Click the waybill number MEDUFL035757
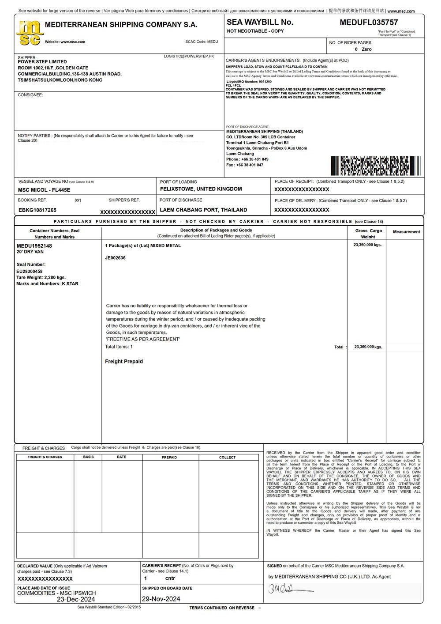tap(369, 23)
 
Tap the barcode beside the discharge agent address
tap(375, 166)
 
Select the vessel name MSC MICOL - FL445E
tap(44, 190)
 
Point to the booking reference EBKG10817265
tap(37, 210)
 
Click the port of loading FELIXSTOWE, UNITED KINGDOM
tap(201, 189)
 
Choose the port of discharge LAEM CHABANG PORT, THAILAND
tap(203, 210)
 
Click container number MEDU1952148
tap(34, 246)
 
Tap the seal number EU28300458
tap(30, 271)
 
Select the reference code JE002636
tap(115, 258)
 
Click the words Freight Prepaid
tap(124, 362)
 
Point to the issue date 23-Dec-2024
tap(76, 600)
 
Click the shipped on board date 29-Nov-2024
tap(161, 599)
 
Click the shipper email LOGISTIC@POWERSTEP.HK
tap(189, 57)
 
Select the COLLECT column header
tap(228, 458)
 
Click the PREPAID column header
tap(169, 458)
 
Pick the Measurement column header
tap(406, 232)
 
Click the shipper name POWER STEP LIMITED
tap(42, 62)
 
